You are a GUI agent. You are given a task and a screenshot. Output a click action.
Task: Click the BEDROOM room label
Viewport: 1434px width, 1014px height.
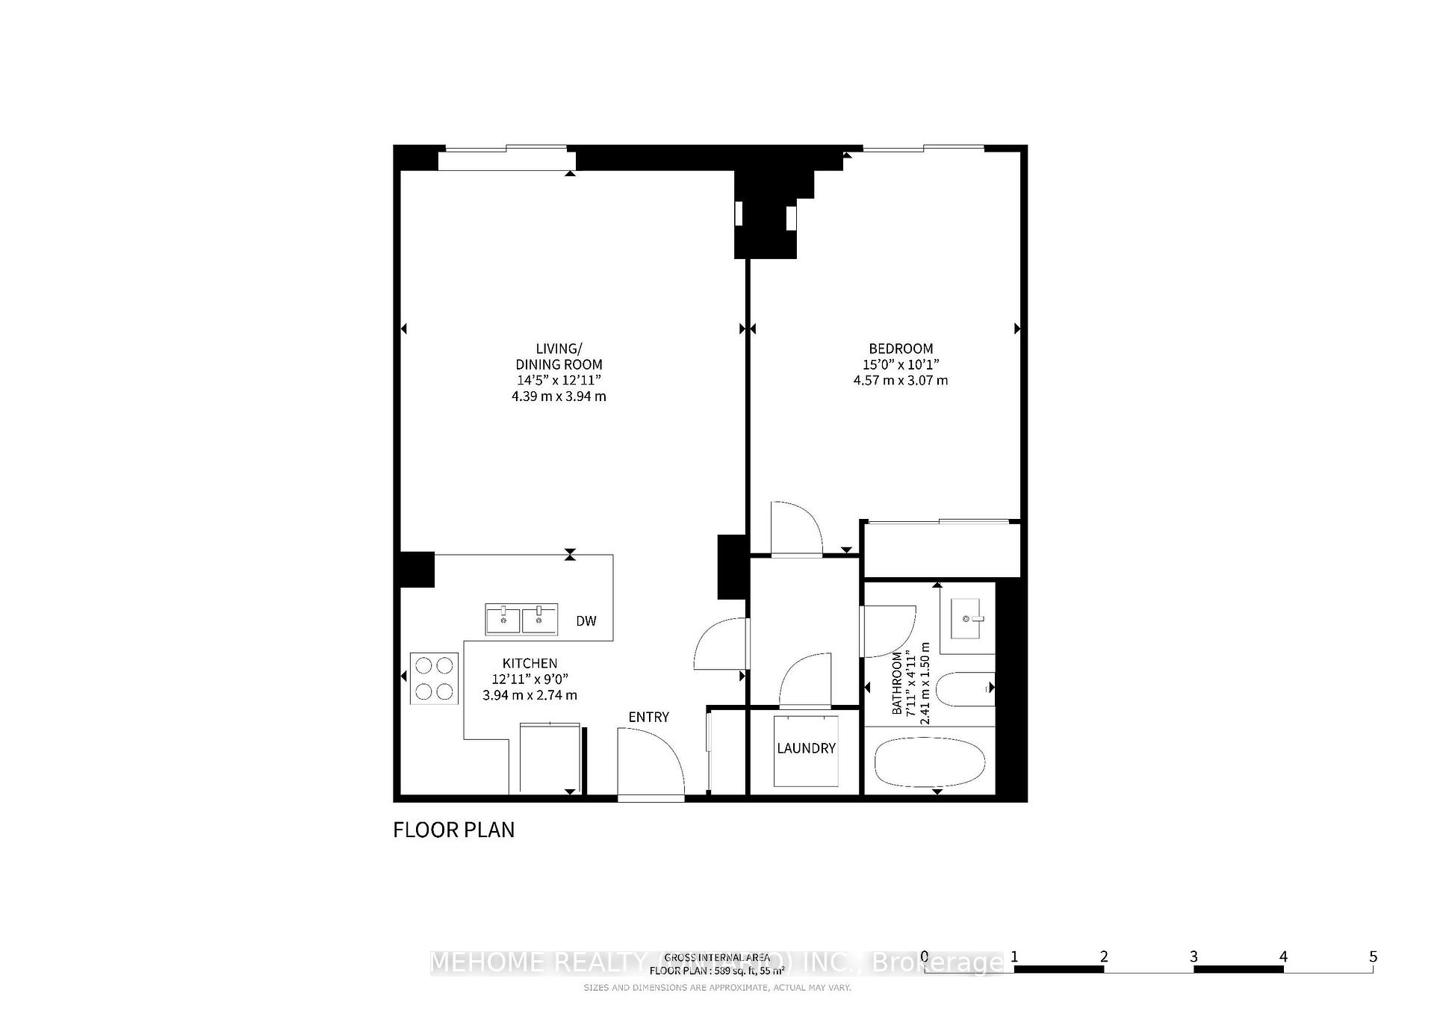(x=900, y=349)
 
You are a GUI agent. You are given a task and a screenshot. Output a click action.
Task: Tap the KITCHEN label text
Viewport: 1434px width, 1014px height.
(x=530, y=663)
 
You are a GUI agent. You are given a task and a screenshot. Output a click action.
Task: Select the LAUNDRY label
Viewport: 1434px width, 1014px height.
(x=806, y=748)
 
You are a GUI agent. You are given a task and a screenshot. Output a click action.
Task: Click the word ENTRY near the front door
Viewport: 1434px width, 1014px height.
(x=648, y=717)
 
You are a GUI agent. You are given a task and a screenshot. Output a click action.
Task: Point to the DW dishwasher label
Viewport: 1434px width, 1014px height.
(x=586, y=621)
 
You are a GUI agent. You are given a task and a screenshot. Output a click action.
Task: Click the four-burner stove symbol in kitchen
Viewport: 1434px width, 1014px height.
(x=434, y=678)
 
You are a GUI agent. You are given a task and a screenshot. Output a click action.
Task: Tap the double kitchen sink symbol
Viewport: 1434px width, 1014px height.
(x=521, y=620)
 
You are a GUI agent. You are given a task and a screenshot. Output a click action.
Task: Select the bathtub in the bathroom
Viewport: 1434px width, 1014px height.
(x=929, y=762)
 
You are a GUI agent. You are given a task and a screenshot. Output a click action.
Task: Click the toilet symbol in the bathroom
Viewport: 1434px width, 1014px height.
(x=964, y=688)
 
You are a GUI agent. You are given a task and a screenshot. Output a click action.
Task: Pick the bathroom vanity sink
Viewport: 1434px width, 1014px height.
(x=972, y=619)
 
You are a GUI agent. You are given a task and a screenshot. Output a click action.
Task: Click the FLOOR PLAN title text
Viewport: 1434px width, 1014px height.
(x=453, y=830)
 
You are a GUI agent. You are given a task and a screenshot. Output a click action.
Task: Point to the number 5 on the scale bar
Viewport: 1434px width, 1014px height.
(x=1373, y=957)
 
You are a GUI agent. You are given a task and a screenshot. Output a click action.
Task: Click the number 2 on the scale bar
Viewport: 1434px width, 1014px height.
(x=1104, y=957)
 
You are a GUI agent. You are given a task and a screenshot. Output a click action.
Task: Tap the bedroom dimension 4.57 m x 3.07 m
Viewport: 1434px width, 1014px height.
(x=900, y=380)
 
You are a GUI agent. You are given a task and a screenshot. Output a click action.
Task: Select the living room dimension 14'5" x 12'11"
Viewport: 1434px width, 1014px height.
(x=559, y=380)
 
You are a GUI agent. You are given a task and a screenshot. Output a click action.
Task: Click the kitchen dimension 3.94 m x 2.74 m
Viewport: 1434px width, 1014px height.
(x=530, y=695)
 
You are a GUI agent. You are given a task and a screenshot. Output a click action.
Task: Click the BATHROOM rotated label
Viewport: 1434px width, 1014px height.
(x=897, y=683)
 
